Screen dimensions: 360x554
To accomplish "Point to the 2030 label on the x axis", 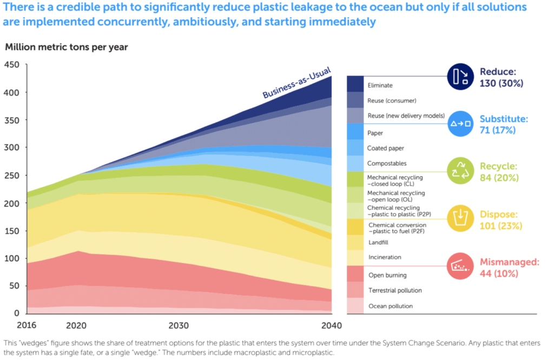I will [179, 325].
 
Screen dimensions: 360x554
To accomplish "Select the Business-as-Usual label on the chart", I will [296, 83].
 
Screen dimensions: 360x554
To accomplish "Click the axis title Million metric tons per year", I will [67, 47].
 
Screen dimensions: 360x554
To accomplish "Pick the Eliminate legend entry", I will [380, 85].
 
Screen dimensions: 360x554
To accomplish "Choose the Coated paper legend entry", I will [386, 148].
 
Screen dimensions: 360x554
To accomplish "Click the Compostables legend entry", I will [387, 163].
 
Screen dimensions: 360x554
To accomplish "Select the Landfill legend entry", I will [378, 243].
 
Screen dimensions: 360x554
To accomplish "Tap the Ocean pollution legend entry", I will [390, 306].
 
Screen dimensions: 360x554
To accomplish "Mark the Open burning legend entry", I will [387, 275].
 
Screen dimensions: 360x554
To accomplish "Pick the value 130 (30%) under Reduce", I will [502, 83].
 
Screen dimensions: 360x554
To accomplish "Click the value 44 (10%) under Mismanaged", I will [499, 273].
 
